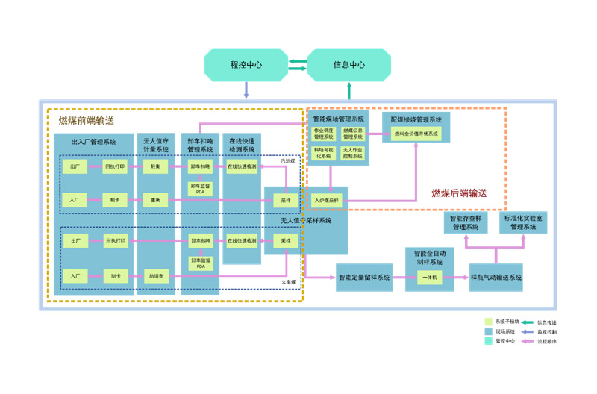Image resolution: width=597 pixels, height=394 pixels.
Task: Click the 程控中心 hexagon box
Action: (x=246, y=65)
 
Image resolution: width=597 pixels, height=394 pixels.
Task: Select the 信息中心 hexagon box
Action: (x=348, y=65)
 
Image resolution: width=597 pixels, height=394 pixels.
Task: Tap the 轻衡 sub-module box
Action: (x=155, y=166)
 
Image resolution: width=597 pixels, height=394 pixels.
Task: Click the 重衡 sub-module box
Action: (x=155, y=200)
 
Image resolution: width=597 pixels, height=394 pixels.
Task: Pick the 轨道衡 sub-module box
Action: (x=155, y=275)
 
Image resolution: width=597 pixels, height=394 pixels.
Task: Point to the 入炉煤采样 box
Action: (x=326, y=200)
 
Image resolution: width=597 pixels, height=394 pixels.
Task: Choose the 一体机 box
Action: (x=428, y=278)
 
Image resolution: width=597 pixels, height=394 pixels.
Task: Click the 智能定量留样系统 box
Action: (x=364, y=278)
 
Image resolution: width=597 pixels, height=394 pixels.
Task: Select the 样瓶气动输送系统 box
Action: (x=496, y=278)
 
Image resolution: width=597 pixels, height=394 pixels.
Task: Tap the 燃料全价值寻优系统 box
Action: (x=416, y=134)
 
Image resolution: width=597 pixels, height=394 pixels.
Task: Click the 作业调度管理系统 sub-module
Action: (x=324, y=134)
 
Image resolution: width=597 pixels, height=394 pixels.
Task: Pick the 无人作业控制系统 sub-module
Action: (x=353, y=153)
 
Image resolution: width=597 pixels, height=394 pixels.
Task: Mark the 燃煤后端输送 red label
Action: (x=459, y=193)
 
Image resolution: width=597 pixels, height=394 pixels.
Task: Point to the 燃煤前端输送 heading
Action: (x=87, y=120)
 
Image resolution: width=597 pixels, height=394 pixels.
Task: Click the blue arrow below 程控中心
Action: (x=246, y=90)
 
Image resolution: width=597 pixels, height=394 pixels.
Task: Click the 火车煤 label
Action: (x=288, y=282)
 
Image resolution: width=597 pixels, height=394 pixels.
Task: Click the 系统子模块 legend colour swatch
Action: (x=488, y=322)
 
